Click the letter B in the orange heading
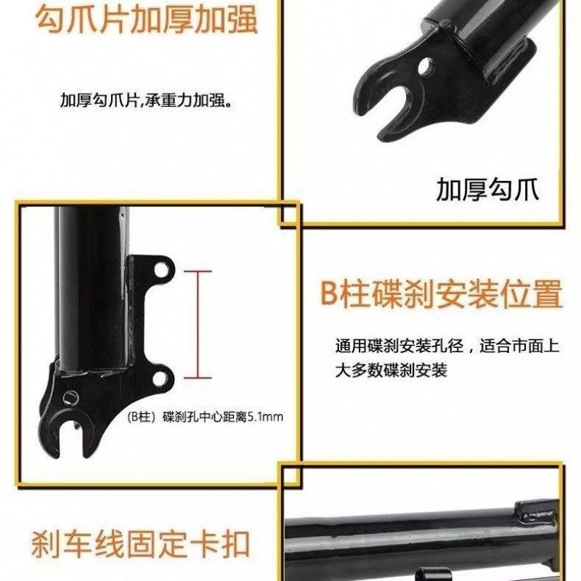[x=330, y=295]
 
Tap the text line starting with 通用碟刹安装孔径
[x=447, y=346]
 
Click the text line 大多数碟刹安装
[x=391, y=370]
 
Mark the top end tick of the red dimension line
[x=198, y=272]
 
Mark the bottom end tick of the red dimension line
[x=198, y=377]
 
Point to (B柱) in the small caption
[x=142, y=417]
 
